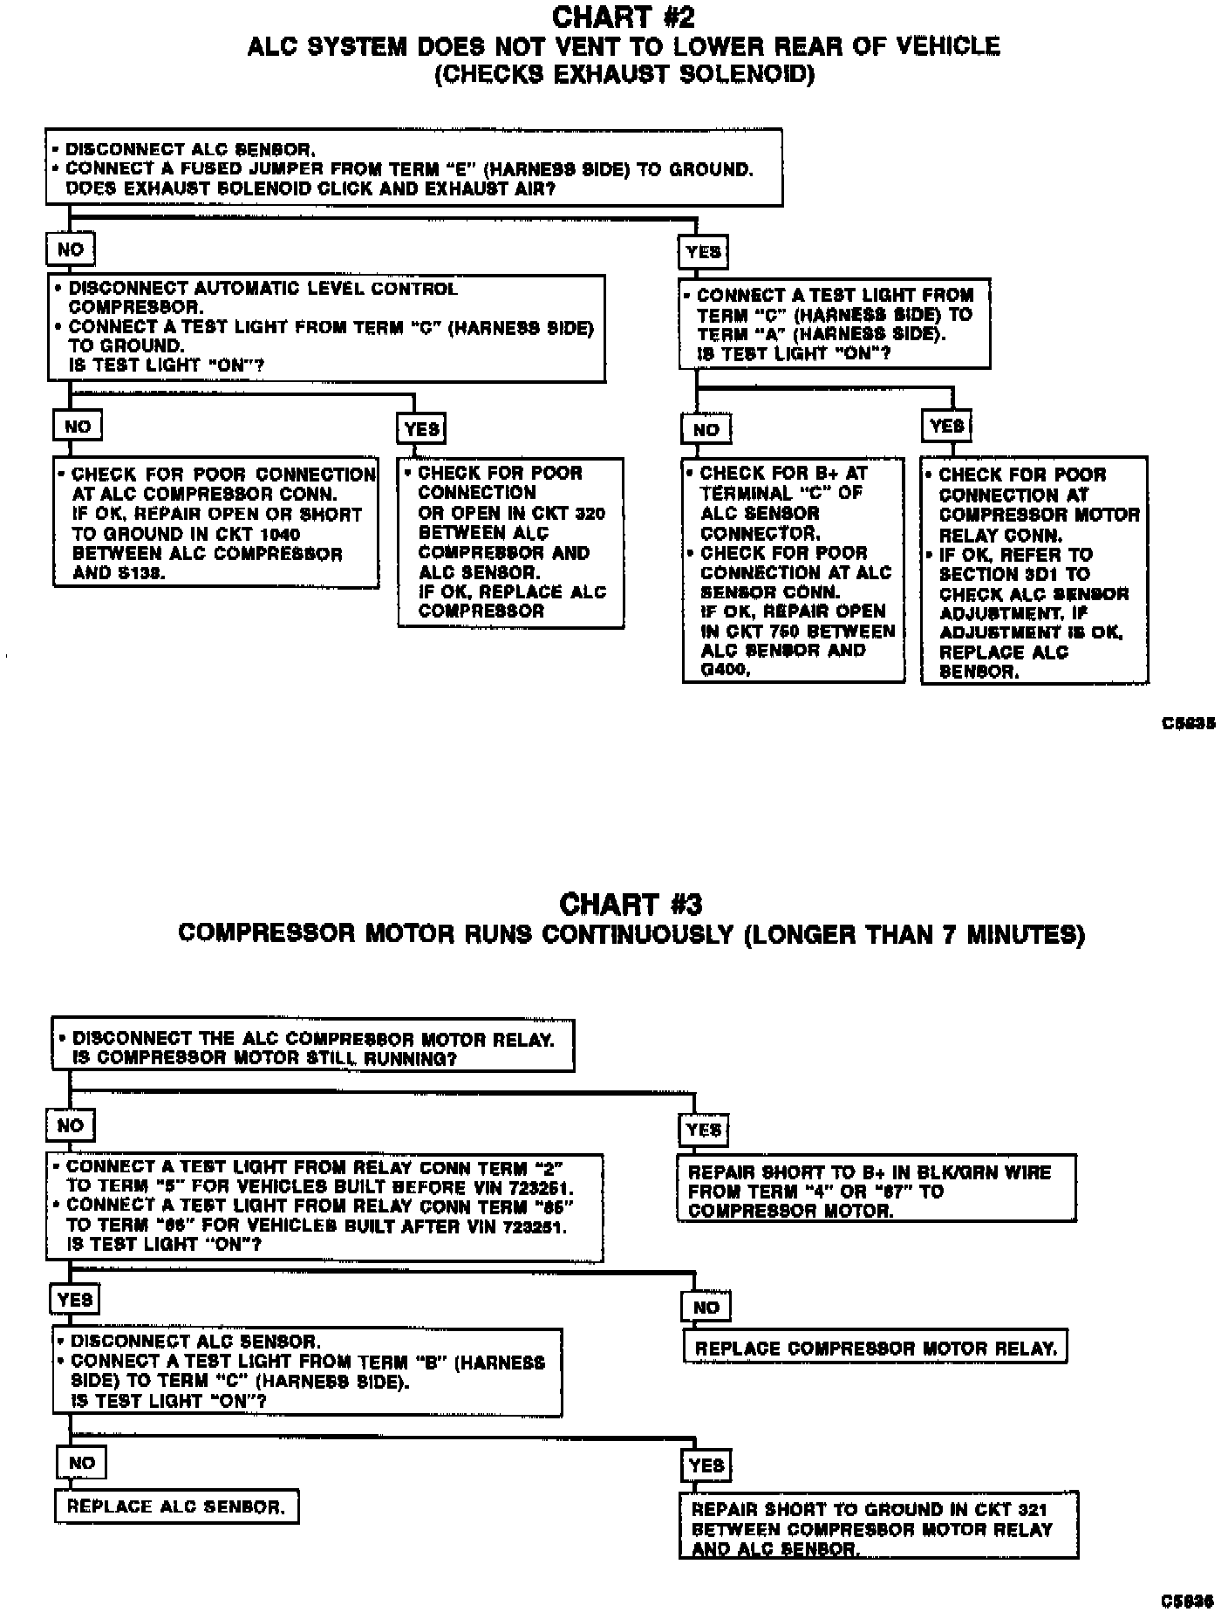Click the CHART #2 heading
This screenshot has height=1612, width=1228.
pos(624,17)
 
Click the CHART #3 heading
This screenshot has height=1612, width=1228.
pos(631,903)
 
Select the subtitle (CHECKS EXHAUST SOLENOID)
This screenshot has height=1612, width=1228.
pos(624,74)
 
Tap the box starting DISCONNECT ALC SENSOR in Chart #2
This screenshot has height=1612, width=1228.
pos(413,167)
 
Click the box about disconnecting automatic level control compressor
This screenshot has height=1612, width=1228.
pos(326,328)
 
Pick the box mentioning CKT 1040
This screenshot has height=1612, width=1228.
pos(215,523)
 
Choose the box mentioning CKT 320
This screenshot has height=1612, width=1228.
pos(510,542)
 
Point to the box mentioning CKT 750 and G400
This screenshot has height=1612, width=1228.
pos(793,571)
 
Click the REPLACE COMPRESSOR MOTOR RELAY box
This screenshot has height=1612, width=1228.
pos(875,1348)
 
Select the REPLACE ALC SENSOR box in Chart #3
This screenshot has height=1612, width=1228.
pos(177,1506)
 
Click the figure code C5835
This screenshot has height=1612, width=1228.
pos(1188,724)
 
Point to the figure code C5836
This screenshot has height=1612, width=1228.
pos(1188,1601)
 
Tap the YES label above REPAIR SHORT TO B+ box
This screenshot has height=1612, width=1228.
pos(703,1130)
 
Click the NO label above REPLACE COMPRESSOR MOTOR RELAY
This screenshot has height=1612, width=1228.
pos(706,1307)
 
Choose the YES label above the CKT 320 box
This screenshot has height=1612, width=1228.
pos(422,428)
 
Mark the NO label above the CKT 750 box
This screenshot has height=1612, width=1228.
pos(706,428)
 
